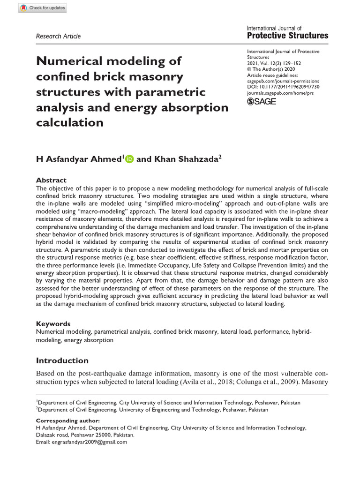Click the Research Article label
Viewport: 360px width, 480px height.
click(58, 36)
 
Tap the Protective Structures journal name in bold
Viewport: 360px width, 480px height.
click(287, 36)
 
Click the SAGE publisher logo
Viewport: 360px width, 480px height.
click(262, 102)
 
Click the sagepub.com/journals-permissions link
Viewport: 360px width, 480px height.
click(283, 81)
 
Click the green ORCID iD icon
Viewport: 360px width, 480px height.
click(129, 159)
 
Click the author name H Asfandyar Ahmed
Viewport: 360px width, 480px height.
click(79, 159)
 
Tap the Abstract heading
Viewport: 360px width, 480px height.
click(51, 180)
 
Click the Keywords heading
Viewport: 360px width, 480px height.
click(53, 323)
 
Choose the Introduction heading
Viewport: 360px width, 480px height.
click(62, 360)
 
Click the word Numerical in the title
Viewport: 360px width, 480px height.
click(73, 61)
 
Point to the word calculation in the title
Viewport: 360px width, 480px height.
click(69, 122)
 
